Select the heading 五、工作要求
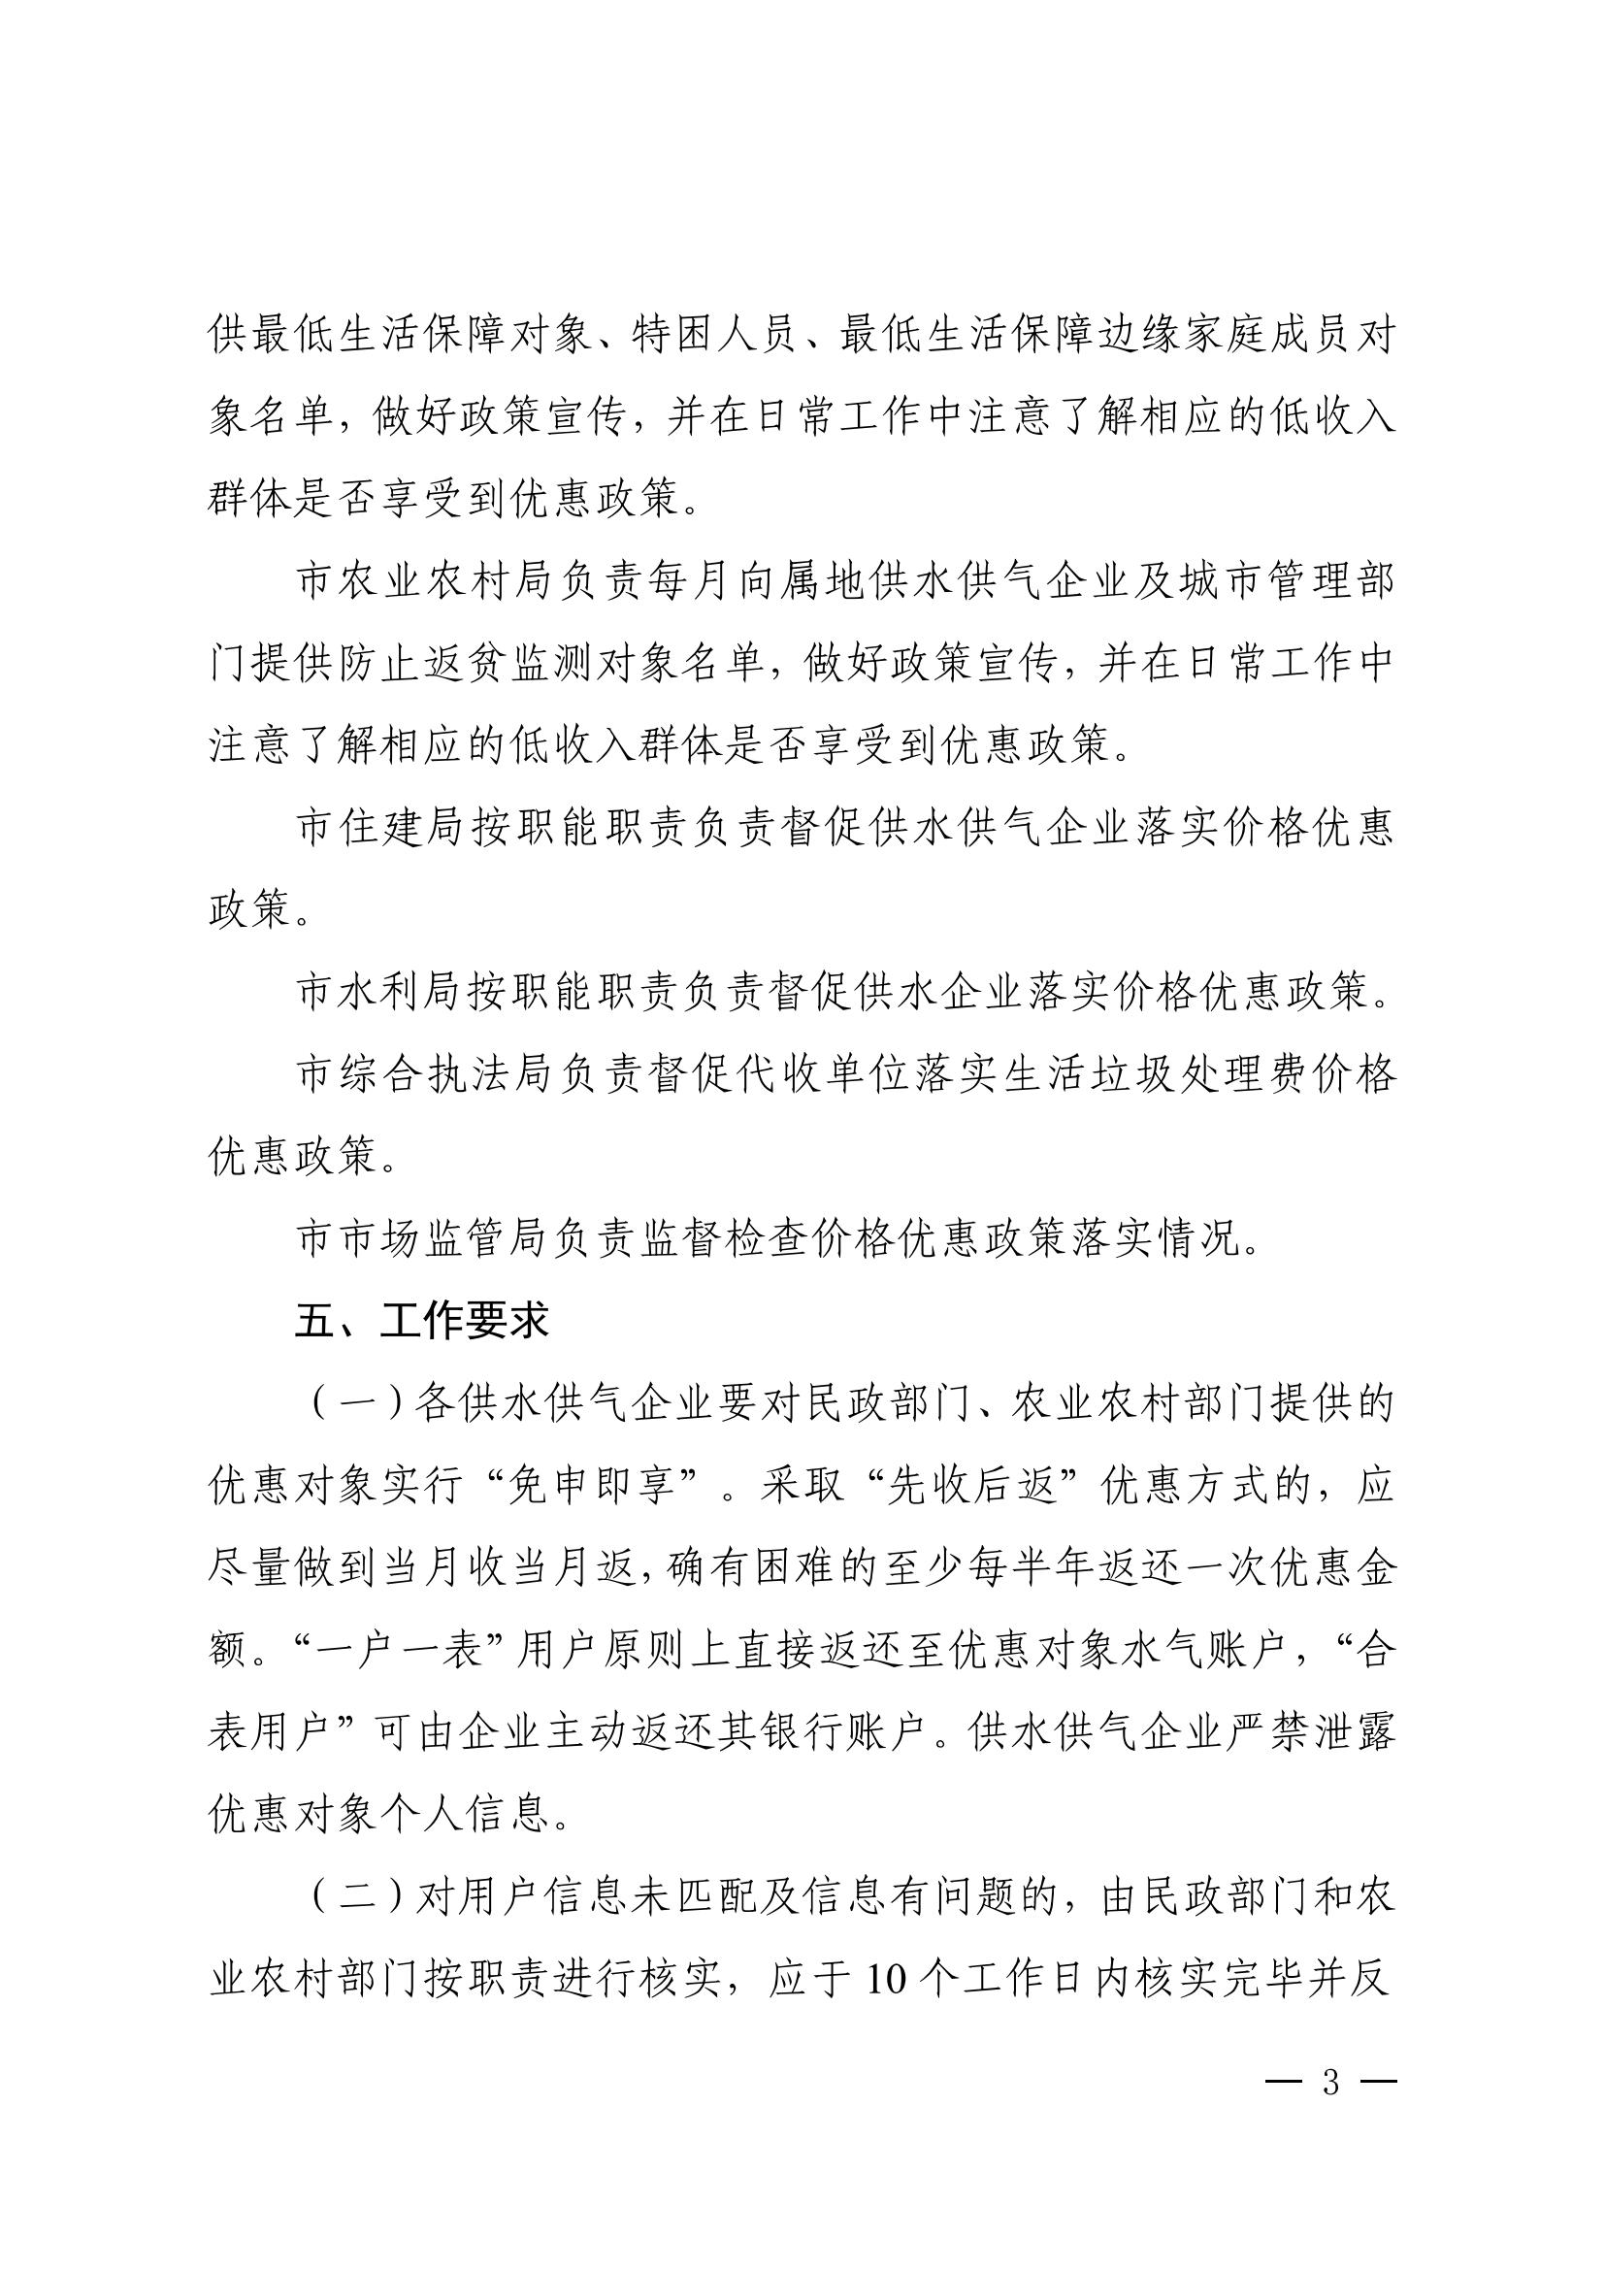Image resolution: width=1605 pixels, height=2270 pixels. point(421,1323)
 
